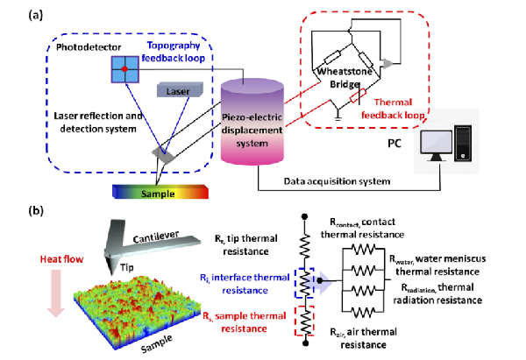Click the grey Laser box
coord(179,90)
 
